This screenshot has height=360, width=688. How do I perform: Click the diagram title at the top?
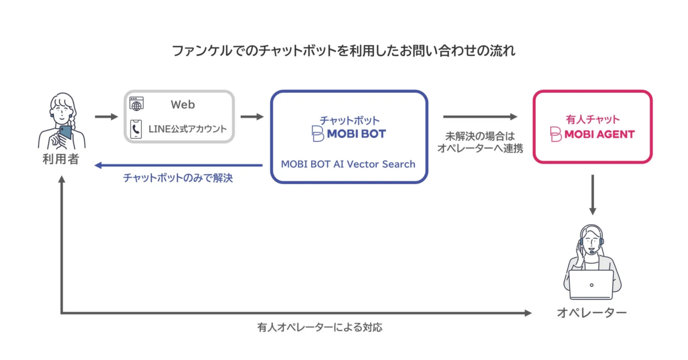[x=344, y=51]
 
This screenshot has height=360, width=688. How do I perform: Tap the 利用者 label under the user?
[x=61, y=160]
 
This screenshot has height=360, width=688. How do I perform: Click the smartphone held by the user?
[x=65, y=132]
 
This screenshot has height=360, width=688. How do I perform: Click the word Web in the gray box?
[x=182, y=105]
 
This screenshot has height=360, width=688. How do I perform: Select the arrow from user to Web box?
[x=105, y=117]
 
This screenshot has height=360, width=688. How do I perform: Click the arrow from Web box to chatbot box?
[x=252, y=117]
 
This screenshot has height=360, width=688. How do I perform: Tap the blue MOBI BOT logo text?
[x=355, y=134]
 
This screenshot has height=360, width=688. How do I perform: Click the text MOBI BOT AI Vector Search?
[x=348, y=164]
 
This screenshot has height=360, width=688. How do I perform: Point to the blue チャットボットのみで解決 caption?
[x=178, y=178]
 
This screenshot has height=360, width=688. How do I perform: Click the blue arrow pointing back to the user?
[x=178, y=165]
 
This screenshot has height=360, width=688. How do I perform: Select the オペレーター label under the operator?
[x=592, y=313]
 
